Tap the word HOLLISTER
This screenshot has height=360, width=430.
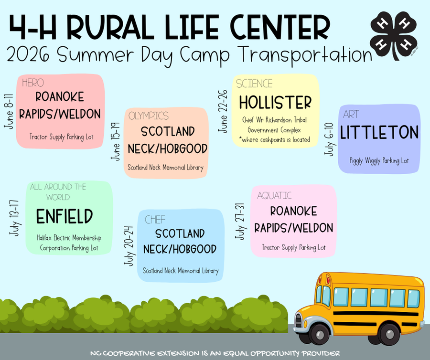tap(275, 103)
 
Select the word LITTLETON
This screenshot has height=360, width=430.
tap(379, 133)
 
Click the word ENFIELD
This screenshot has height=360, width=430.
tap(64, 217)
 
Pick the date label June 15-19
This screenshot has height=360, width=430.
tap(116, 142)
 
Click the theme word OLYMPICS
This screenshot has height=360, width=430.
tap(149, 116)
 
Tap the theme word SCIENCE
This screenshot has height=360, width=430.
tap(254, 84)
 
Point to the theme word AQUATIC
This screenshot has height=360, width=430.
tap(274, 196)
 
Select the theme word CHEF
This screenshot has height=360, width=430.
tap(155, 220)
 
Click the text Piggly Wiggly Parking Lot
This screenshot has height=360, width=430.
tap(379, 161)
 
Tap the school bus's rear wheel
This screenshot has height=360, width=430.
tap(390, 334)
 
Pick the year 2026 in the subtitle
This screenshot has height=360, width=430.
tap(28, 55)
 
